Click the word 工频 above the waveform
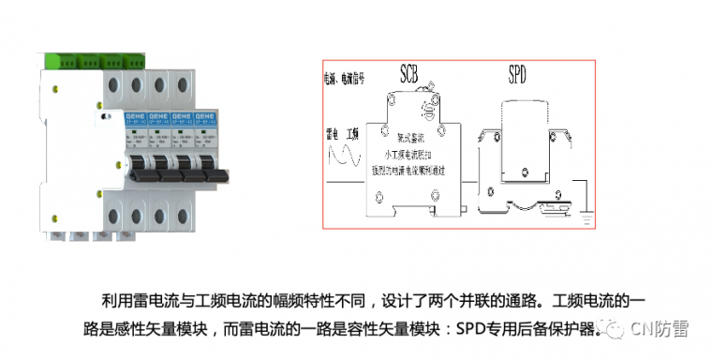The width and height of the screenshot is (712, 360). [x=354, y=132]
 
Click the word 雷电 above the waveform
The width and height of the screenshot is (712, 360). [x=331, y=132]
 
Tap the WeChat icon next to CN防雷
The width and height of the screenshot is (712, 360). [x=613, y=329]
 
